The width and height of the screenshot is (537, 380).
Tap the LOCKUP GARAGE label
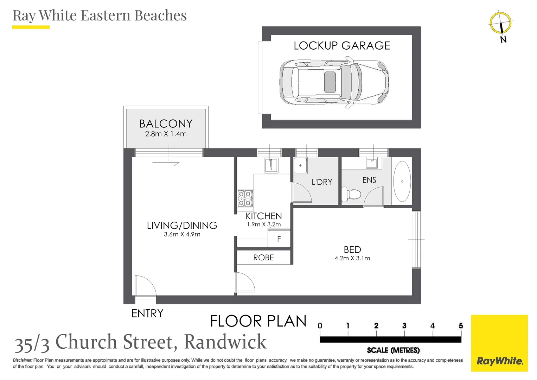pos(342,46)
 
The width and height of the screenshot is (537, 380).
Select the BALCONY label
pos(166,123)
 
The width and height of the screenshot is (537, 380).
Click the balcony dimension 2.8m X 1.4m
pos(166,134)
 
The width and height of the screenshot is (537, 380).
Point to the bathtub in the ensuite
pos(402,181)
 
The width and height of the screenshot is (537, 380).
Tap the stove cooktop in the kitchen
pos(245,198)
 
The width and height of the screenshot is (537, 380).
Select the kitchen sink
pos(271,165)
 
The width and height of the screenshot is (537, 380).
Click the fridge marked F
pos(279,239)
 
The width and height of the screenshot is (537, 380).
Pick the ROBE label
pos(263,258)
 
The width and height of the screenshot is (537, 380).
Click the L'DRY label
pos(322,182)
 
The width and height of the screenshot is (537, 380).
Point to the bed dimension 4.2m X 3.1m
pos(352,258)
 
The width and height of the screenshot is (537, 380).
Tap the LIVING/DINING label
pos(182,225)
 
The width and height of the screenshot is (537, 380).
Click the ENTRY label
pos(147,313)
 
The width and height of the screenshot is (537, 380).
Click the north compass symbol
pos(501,24)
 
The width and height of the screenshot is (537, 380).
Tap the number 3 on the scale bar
pos(404,326)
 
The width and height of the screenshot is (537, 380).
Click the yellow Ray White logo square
pos(499,343)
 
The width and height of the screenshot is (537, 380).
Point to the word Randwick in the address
pos(225,342)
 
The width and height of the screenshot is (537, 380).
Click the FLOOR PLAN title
pos(258,321)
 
